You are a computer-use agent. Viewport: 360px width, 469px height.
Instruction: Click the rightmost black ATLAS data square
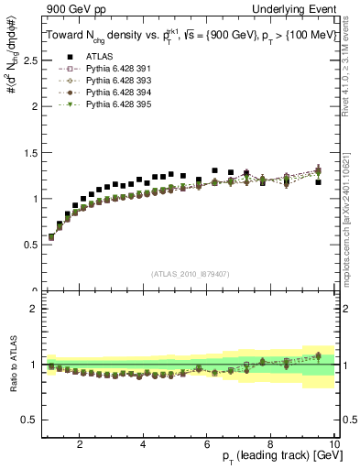click(x=318, y=182)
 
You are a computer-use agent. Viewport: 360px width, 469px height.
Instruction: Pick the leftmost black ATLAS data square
click(x=50, y=237)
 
